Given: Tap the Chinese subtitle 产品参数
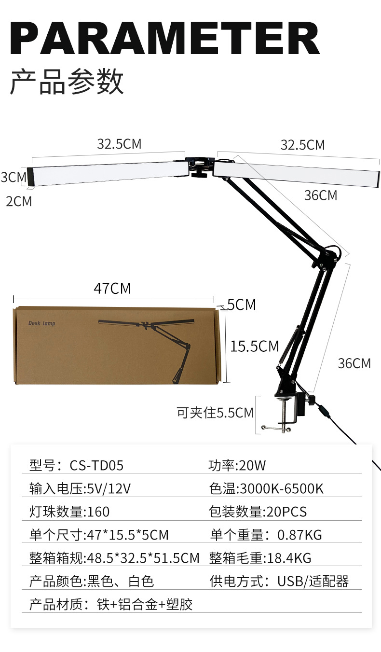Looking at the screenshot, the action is click(67, 81).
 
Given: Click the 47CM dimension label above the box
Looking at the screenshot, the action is click(112, 288).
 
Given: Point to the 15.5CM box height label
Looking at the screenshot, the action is click(254, 346).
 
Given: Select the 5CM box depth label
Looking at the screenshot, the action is click(241, 305).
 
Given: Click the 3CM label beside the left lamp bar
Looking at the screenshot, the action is click(13, 177).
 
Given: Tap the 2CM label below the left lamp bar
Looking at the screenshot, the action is click(19, 201).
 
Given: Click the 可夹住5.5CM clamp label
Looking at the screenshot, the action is click(215, 413).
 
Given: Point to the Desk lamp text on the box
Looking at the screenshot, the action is click(42, 323).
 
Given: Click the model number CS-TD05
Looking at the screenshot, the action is click(96, 465).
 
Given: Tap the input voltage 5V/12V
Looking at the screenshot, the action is click(107, 488).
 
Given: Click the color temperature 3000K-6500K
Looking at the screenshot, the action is click(281, 488).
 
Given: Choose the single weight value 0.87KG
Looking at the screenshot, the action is click(299, 535).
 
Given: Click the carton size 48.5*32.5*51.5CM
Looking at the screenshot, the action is click(142, 558).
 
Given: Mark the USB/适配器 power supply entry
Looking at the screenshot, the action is click(313, 581).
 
